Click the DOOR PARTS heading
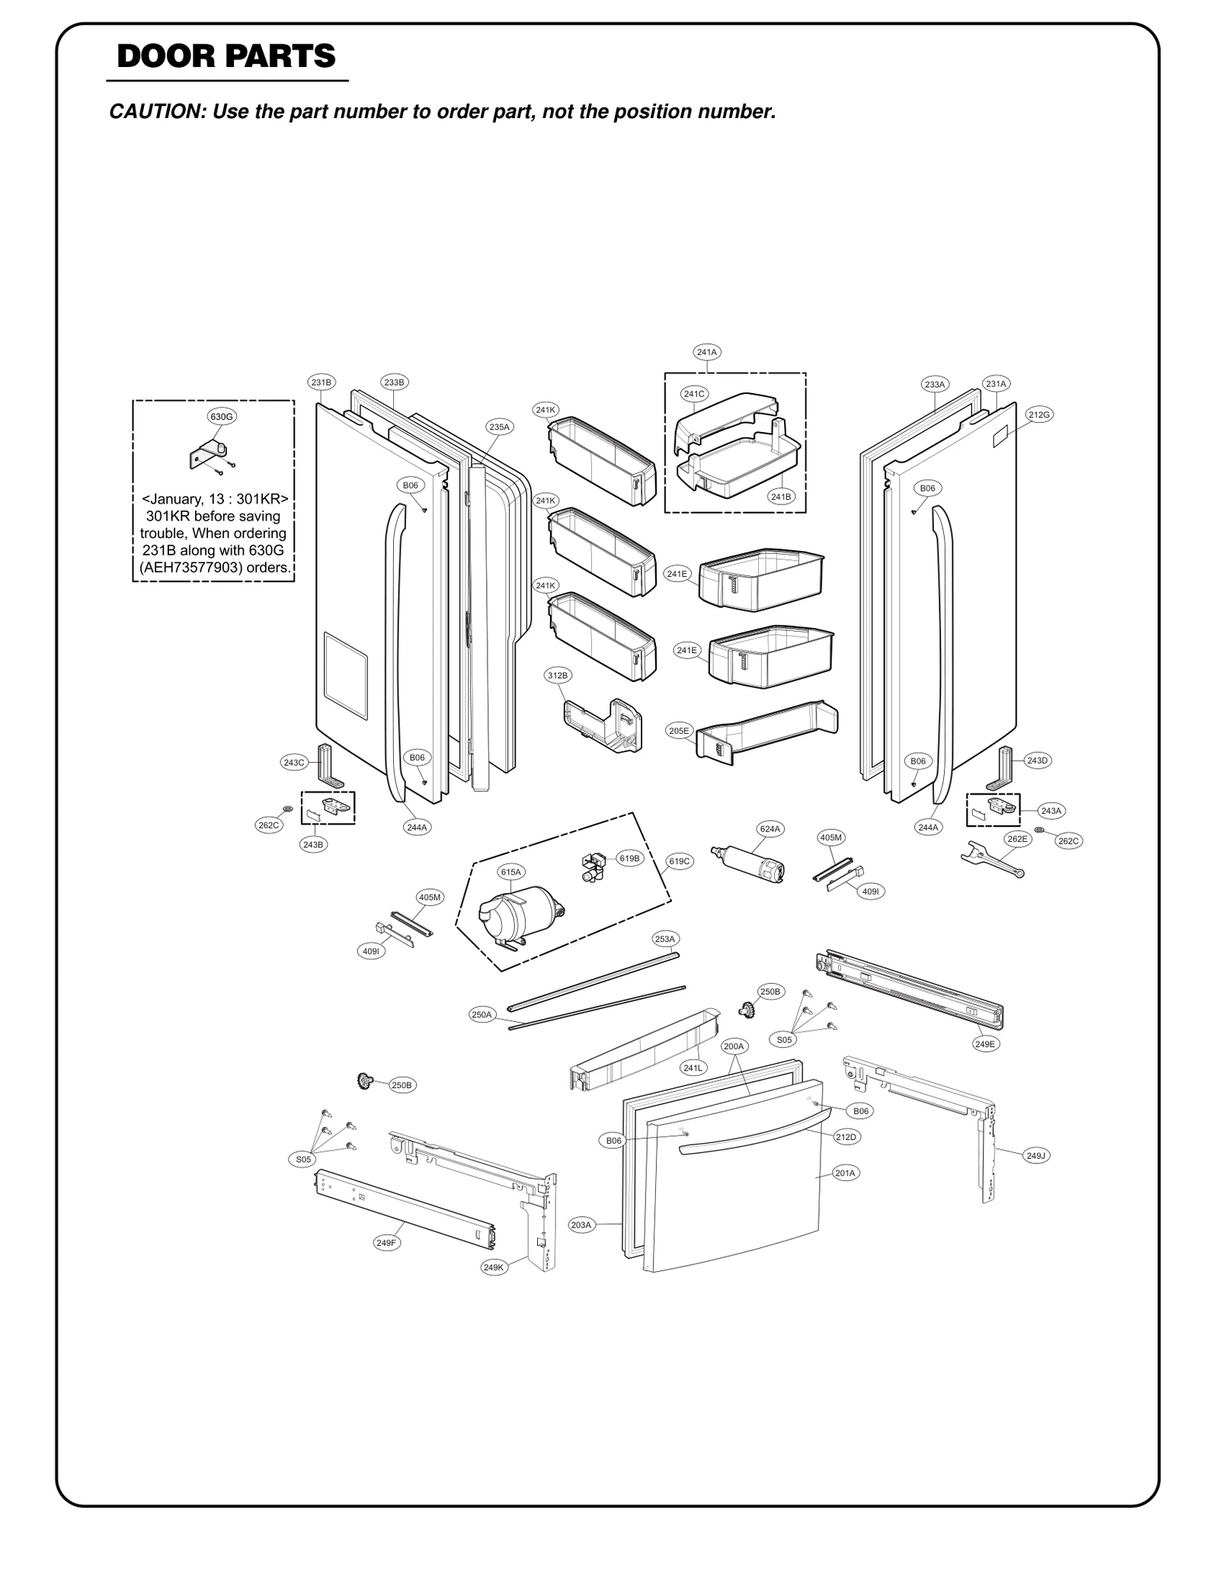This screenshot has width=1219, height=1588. [226, 56]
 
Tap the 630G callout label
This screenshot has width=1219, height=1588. [222, 416]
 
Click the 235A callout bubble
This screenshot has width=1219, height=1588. [499, 427]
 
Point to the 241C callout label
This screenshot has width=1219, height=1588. [694, 394]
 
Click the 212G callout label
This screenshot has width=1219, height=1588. [1039, 415]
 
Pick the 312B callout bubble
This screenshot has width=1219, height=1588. [558, 675]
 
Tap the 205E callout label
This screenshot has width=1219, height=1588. [678, 731]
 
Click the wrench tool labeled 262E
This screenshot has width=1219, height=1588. [990, 862]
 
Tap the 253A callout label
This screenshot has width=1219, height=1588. [665, 939]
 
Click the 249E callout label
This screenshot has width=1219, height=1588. [984, 1044]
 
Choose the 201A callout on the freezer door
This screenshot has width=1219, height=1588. [845, 1173]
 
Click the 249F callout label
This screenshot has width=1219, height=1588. [386, 1243]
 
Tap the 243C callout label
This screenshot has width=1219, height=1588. [294, 762]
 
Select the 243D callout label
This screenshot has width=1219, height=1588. [1037, 760]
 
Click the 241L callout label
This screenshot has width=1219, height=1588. [693, 1068]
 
